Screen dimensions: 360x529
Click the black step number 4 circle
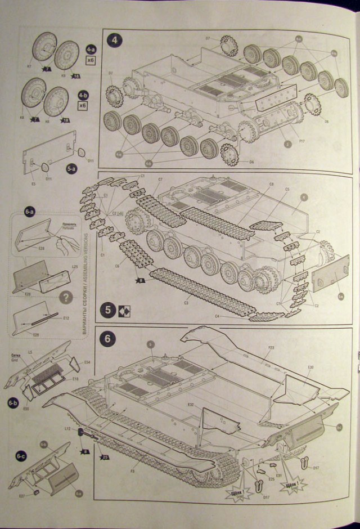point(115,41)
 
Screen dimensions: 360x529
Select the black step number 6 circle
point(107,338)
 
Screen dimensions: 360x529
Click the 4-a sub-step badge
point(91,48)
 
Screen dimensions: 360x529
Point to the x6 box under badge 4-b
point(83,106)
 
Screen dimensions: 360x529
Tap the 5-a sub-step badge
point(71,168)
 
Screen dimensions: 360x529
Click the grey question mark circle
point(66,297)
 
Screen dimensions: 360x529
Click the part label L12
point(67,429)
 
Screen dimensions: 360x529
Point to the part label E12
point(66,319)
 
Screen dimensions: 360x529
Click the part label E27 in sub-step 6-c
point(22,495)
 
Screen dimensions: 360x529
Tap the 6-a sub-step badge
point(29,212)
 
